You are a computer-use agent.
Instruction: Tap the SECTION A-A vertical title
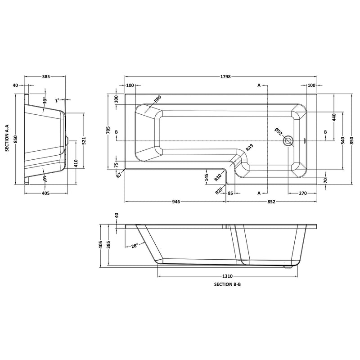pyautogui.click(x=7, y=139)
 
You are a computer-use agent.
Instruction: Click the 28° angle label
pyautogui.click(x=134, y=246)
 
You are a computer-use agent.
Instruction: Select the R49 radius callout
pyautogui.click(x=249, y=148)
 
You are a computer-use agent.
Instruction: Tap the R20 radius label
pyautogui.click(x=219, y=190)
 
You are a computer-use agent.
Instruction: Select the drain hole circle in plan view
pyautogui.click(x=288, y=141)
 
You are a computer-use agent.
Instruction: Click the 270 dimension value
pyautogui.click(x=302, y=193)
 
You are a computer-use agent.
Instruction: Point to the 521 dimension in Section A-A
pyautogui.click(x=84, y=140)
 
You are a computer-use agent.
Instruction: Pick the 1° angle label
pyautogui.click(x=58, y=100)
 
